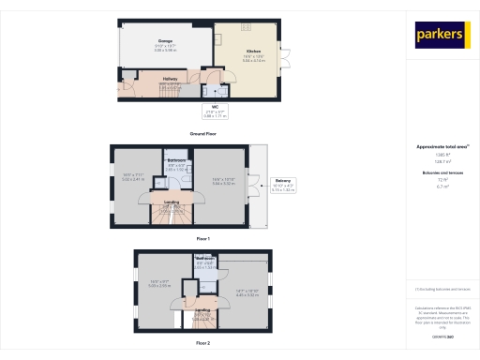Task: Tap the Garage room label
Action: (165, 41)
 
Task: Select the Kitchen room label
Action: (253, 50)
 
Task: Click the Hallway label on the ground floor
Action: (171, 80)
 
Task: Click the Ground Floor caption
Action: (202, 134)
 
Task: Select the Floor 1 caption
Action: (202, 239)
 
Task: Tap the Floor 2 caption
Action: (202, 344)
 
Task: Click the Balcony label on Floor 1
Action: (282, 179)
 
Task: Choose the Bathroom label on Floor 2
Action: (205, 258)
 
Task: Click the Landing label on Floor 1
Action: (172, 202)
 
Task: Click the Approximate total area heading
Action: (442, 147)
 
